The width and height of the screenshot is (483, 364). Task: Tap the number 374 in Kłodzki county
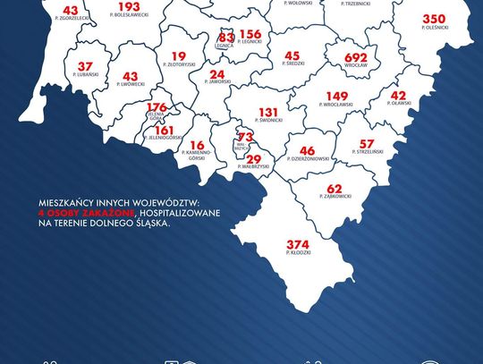(298, 244)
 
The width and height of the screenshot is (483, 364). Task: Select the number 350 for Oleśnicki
(434, 19)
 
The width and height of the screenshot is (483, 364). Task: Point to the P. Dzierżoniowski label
(308, 162)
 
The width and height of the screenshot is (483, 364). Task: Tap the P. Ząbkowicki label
(335, 199)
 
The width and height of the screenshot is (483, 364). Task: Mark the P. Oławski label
(398, 106)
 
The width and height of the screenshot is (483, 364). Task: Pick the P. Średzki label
(292, 65)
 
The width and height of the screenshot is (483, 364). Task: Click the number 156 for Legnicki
(250, 33)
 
